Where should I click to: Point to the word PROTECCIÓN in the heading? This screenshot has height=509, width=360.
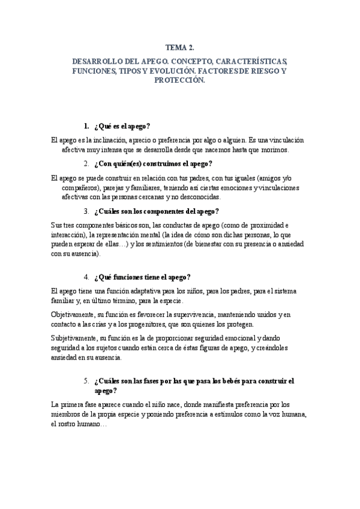point(180,80)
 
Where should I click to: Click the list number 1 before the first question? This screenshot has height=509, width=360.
point(87,126)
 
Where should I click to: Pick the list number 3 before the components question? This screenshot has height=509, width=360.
point(87,211)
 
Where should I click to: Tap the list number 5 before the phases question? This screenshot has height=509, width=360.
point(87,381)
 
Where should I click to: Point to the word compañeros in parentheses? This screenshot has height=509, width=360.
point(80,187)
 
